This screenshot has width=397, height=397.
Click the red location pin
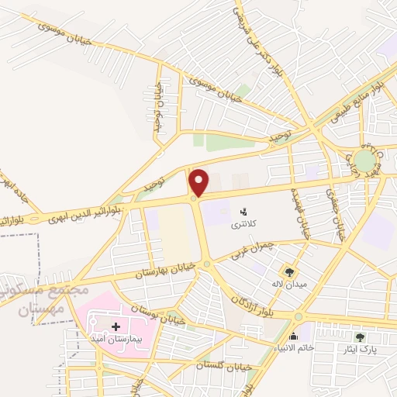click(199, 181)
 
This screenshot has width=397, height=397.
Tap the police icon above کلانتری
click(243, 210)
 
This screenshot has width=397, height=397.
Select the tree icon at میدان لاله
click(289, 271)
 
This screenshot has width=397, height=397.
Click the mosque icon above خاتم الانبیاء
click(293, 336)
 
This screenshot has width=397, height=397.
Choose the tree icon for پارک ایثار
click(360, 337)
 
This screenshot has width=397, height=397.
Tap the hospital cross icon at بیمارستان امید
click(116, 327)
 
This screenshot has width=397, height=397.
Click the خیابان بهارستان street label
click(162, 271)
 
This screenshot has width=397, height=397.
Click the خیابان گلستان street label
click(205, 365)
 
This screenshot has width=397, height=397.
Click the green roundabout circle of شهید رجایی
click(364, 161)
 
